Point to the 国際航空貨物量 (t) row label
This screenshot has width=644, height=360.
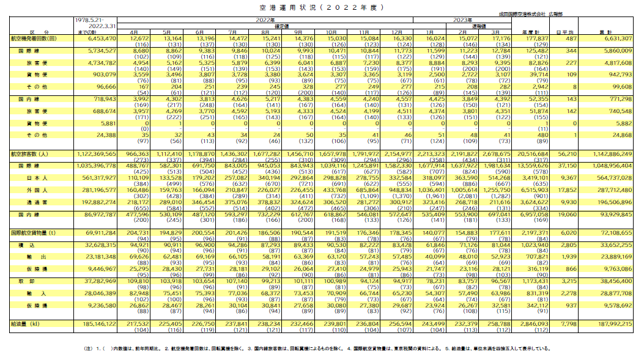(x=36, y=233)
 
